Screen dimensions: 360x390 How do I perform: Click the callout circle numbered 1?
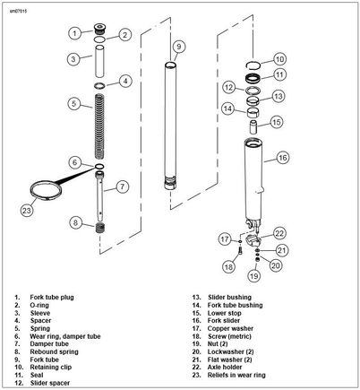click(74, 33)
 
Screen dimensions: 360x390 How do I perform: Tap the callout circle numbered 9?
click(179, 47)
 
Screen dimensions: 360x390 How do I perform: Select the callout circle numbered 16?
click(282, 158)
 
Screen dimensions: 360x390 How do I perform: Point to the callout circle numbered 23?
click(27, 211)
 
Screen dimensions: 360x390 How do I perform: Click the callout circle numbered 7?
click(122, 186)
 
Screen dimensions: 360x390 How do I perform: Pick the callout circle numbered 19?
click(253, 276)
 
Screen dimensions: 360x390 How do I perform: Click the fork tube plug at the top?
click(100, 30)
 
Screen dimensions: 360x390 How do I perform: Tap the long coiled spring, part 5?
click(99, 126)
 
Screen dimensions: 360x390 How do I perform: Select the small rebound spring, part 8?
click(100, 229)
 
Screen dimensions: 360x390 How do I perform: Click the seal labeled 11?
click(253, 79)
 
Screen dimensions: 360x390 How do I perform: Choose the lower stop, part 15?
click(254, 127)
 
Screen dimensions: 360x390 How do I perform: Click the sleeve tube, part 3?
click(99, 61)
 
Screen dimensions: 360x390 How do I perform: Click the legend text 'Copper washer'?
click(230, 328)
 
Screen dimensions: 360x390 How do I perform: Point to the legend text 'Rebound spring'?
click(54, 351)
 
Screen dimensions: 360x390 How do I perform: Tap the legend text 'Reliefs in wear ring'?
click(236, 375)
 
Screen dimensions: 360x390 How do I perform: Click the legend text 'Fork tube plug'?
click(52, 298)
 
